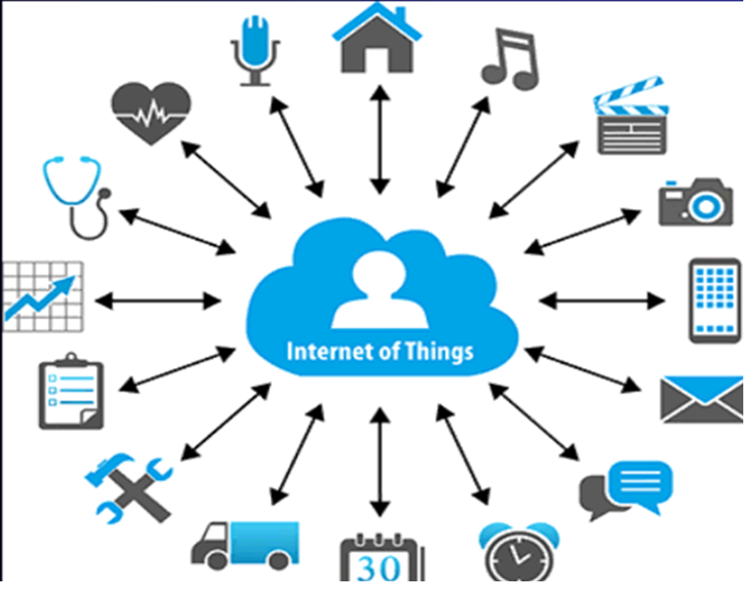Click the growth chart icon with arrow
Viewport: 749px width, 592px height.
pyautogui.click(x=43, y=296)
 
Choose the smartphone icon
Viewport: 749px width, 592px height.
pyautogui.click(x=715, y=299)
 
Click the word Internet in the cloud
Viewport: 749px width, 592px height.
pyautogui.click(x=323, y=352)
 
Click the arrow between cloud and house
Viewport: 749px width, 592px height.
pyautogui.click(x=378, y=140)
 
